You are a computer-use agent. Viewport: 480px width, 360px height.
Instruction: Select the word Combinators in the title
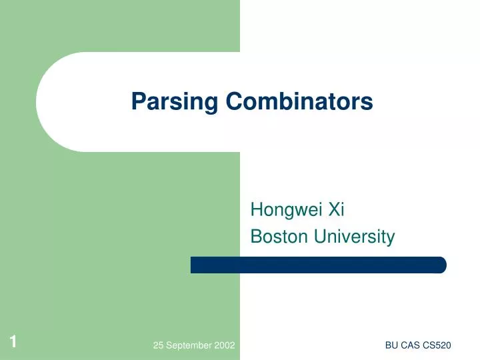[x=299, y=101]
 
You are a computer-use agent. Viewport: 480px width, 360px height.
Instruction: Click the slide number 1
[x=13, y=343]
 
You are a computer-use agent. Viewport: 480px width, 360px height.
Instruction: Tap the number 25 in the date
[x=158, y=345]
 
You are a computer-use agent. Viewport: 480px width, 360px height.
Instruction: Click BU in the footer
[x=391, y=345]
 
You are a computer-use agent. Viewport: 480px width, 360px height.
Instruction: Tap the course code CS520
[x=437, y=345]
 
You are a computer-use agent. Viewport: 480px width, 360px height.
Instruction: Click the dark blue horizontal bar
[x=318, y=265]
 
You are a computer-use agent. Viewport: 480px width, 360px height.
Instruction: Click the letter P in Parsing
[x=137, y=101]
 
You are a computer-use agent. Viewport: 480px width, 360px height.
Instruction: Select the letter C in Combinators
[x=232, y=101]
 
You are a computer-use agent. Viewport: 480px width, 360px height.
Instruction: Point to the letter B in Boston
[x=255, y=237]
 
